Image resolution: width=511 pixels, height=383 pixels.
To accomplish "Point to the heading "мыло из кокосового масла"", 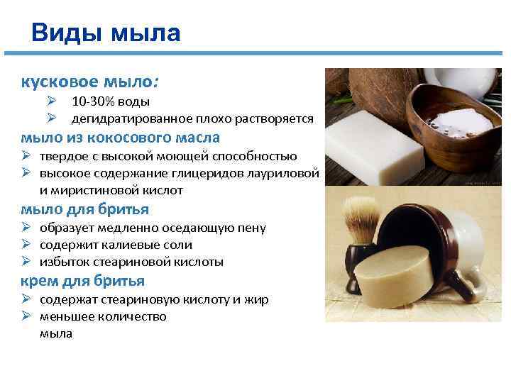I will (x=120, y=137).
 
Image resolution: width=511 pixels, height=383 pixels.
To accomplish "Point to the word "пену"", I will (x=253, y=228).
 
